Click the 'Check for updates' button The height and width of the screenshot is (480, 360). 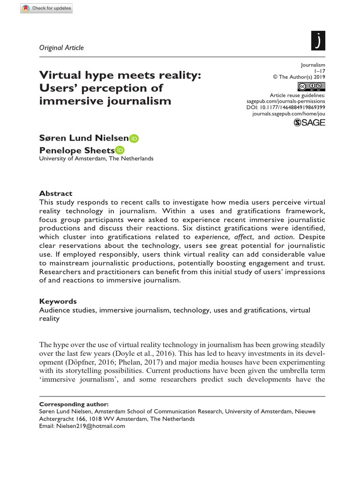pyautogui.click(x=46, y=8)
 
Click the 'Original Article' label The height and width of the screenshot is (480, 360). pyautogui.click(x=61, y=47)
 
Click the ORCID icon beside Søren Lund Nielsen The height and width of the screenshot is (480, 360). pyautogui.click(x=134, y=138)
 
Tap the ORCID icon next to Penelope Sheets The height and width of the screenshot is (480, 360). pyautogui.click(x=120, y=150)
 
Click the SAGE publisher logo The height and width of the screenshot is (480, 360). pyautogui.click(x=309, y=122)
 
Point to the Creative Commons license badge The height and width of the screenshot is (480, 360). pyautogui.click(x=311, y=86)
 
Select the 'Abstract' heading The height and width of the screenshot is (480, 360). pyautogui.click(x=56, y=193)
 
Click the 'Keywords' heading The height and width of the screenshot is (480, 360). pyautogui.click(x=58, y=301)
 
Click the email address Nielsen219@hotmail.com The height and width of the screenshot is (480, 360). pyautogui.click(x=90, y=426)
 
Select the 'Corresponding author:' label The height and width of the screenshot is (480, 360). pyautogui.click(x=74, y=404)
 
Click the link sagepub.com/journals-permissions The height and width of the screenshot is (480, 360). pyautogui.click(x=285, y=101)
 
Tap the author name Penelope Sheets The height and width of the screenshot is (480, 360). pyautogui.click(x=77, y=150)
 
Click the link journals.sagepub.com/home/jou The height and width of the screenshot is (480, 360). pyautogui.click(x=288, y=114)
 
